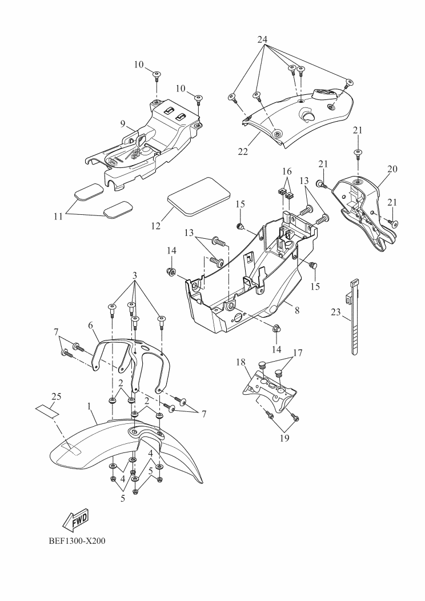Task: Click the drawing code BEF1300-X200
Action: [77, 541]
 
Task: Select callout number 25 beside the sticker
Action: [56, 396]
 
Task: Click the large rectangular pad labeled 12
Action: [199, 195]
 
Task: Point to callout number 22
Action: [243, 151]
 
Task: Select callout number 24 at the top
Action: [263, 39]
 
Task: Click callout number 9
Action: [123, 124]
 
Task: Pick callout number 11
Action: [58, 217]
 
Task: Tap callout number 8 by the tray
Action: [297, 310]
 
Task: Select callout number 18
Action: [240, 362]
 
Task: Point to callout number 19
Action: [284, 438]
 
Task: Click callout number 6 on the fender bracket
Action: [90, 325]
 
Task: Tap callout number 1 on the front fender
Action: [90, 406]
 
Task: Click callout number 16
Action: [287, 171]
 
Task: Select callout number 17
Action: [298, 352]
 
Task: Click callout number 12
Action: [155, 226]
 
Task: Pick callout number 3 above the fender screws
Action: [135, 275]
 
